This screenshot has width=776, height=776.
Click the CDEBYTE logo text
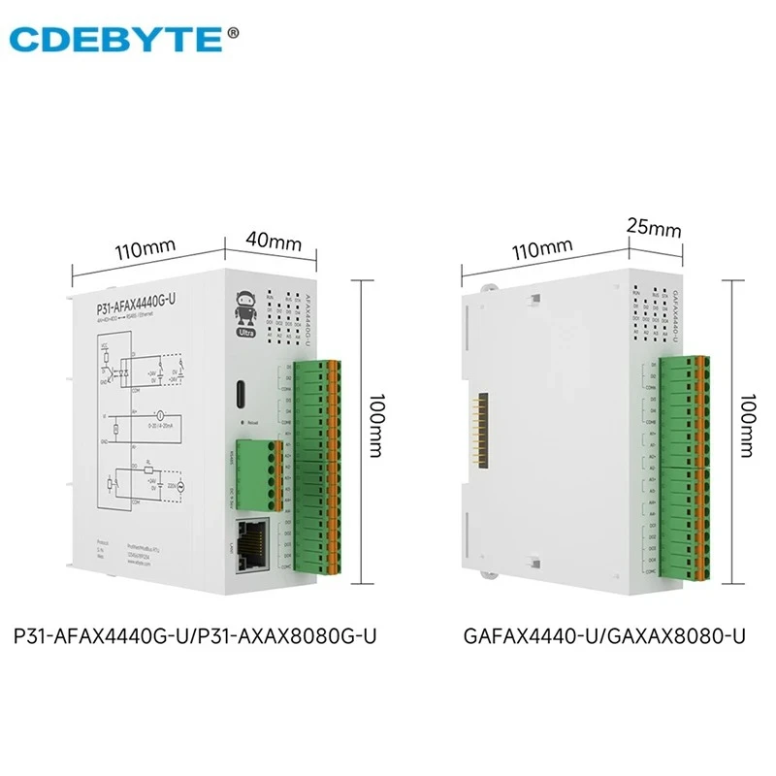tap(114, 39)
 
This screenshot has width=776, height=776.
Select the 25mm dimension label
tap(651, 230)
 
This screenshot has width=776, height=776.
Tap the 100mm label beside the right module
tap(744, 428)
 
